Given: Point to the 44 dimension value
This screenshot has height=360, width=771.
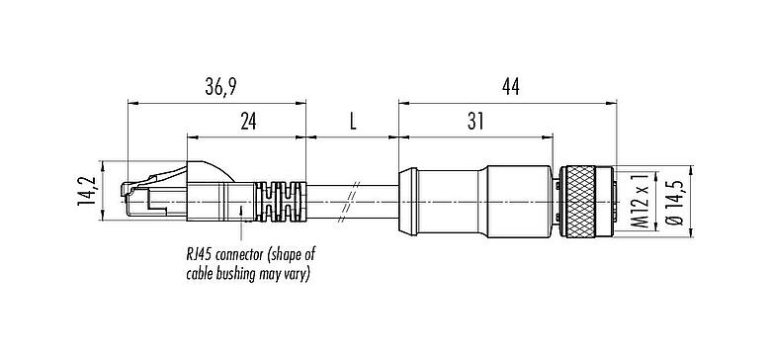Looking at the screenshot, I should pos(511,88).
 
